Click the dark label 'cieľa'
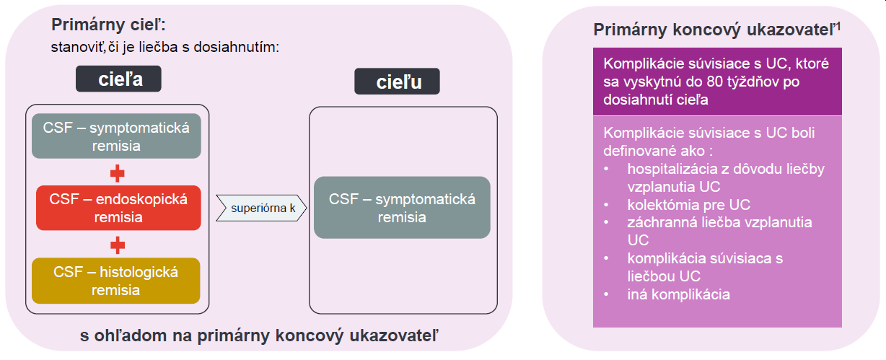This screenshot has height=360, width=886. click(x=118, y=79)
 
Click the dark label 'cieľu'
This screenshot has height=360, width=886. click(x=397, y=82)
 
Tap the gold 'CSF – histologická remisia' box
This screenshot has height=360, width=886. click(x=115, y=281)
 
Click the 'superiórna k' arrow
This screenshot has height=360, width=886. click(x=260, y=208)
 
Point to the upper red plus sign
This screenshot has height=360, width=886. click(x=117, y=173)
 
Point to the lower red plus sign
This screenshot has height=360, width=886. click(x=117, y=245)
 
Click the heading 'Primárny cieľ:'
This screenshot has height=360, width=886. click(x=109, y=25)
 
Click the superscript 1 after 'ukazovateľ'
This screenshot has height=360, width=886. click(x=839, y=26)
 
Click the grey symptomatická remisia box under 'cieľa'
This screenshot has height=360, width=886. click(x=116, y=136)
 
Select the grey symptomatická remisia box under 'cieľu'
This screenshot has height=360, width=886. click(x=402, y=208)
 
